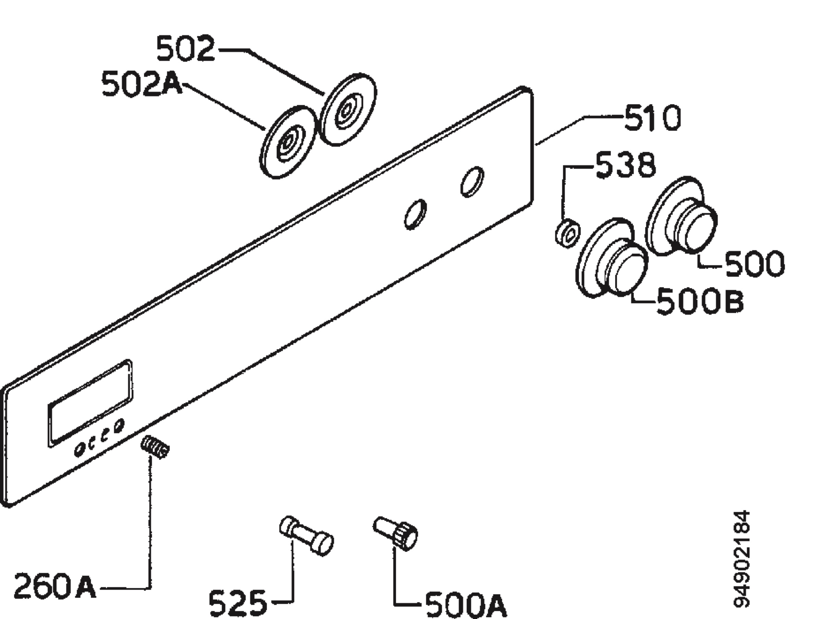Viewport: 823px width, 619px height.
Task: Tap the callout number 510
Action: [x=653, y=118]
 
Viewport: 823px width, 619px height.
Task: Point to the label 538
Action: [x=625, y=165]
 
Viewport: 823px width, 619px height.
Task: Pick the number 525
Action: [x=237, y=603]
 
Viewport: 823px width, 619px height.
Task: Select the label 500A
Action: [x=465, y=605]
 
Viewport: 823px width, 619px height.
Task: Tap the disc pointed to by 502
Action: [x=348, y=110]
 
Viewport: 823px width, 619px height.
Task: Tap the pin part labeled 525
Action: [x=306, y=536]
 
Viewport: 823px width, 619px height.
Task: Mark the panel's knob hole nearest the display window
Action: [x=415, y=214]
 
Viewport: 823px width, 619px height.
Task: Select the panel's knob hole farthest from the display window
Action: [x=472, y=182]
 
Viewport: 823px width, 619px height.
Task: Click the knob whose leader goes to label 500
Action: [x=682, y=217]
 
